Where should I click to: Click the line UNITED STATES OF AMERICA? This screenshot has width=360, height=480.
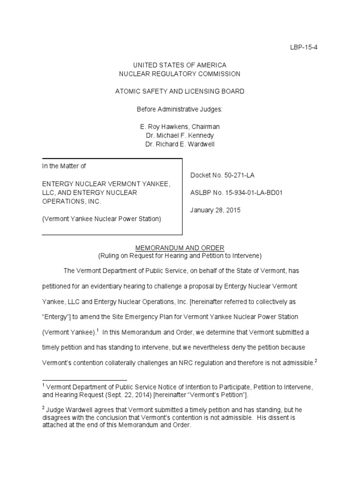[180, 65]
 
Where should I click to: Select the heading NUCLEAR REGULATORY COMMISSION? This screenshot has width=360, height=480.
[180, 74]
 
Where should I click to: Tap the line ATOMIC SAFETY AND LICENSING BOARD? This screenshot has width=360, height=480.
[180, 91]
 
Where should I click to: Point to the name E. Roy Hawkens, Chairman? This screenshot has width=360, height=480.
[180, 127]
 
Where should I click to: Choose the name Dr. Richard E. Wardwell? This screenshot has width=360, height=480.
[180, 144]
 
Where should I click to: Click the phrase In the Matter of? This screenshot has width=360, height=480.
[64, 166]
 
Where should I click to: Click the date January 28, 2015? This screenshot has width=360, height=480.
[215, 210]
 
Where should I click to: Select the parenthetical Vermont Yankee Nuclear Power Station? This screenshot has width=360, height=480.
[102, 219]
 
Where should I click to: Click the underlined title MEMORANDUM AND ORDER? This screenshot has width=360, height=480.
[180, 247]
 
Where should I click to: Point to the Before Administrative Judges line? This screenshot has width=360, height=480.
[180, 109]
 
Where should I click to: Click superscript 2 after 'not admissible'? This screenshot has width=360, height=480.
[317, 361]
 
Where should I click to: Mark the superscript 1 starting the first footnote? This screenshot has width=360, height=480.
[44, 385]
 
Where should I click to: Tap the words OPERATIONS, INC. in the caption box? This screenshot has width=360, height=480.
[72, 201]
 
